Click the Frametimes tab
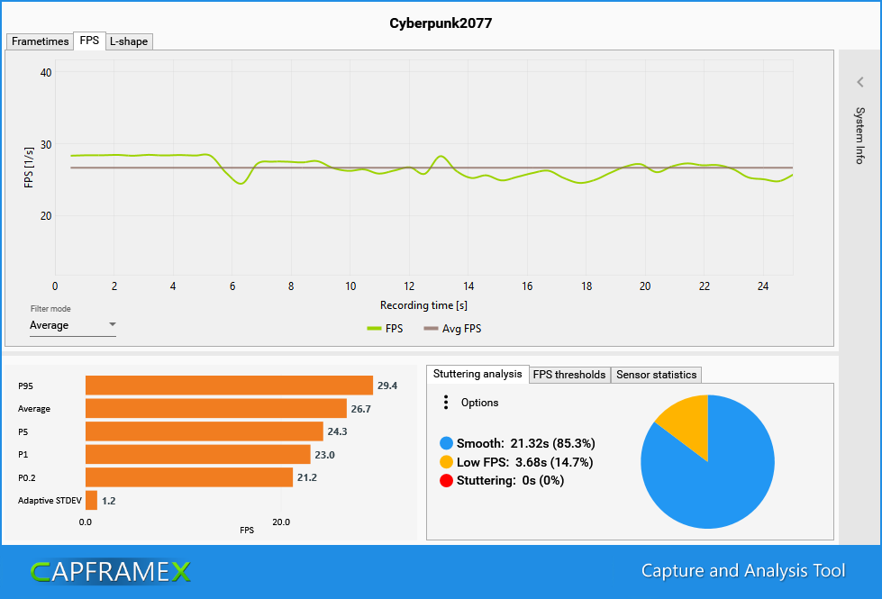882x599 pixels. (40, 41)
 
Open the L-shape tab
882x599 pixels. (129, 41)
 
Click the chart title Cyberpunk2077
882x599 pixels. (441, 23)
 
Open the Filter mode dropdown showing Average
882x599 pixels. (73, 325)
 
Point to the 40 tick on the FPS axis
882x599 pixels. (46, 73)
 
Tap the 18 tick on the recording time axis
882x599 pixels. (586, 286)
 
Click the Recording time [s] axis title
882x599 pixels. (423, 305)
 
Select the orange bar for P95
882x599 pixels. (229, 386)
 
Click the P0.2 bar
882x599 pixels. (189, 477)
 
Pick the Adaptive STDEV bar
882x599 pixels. (91, 500)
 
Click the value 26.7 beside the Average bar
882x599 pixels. (361, 409)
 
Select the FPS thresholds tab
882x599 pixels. (569, 375)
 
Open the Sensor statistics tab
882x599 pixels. (656, 375)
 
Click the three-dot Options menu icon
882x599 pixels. (446, 403)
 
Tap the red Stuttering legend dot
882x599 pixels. (446, 480)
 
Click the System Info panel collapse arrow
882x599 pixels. (860, 82)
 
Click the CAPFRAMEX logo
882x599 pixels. (110, 571)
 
